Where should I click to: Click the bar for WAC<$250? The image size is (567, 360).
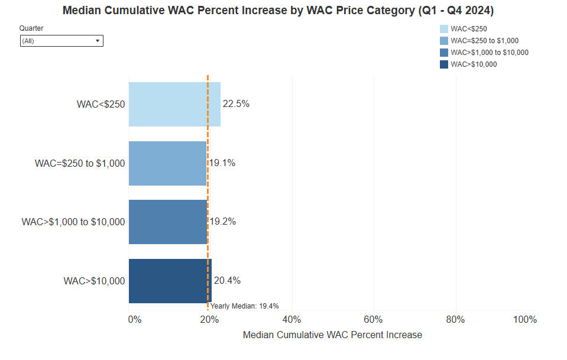[x=174, y=104]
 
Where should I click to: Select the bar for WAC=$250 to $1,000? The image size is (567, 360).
[x=167, y=163]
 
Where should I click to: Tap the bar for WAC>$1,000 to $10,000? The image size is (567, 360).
[x=168, y=222]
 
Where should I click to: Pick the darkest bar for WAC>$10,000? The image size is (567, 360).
[x=170, y=281]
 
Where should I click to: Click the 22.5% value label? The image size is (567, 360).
[x=236, y=104]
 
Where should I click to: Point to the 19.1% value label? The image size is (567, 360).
[x=222, y=163]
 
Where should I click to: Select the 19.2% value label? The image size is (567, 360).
[x=223, y=222]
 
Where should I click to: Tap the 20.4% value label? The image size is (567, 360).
[x=228, y=281]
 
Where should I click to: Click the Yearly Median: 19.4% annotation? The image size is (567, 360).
[x=245, y=306]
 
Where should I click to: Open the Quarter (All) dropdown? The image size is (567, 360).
[x=61, y=41]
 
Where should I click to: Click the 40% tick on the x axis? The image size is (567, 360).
[x=292, y=320]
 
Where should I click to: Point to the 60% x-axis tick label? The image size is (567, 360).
[x=374, y=320]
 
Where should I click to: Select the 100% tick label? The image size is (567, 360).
[x=525, y=320]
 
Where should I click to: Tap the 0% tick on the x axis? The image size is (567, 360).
[x=135, y=320]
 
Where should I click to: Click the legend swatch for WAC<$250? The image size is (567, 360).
[x=444, y=29]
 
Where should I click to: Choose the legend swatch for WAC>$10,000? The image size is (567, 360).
[x=444, y=64]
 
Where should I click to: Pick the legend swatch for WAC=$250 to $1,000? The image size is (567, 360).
[x=444, y=41]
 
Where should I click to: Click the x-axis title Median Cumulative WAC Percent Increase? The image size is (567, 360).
[x=332, y=335]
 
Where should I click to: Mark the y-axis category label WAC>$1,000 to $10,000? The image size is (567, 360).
[x=73, y=222]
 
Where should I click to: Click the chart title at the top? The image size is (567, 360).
[x=278, y=11]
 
